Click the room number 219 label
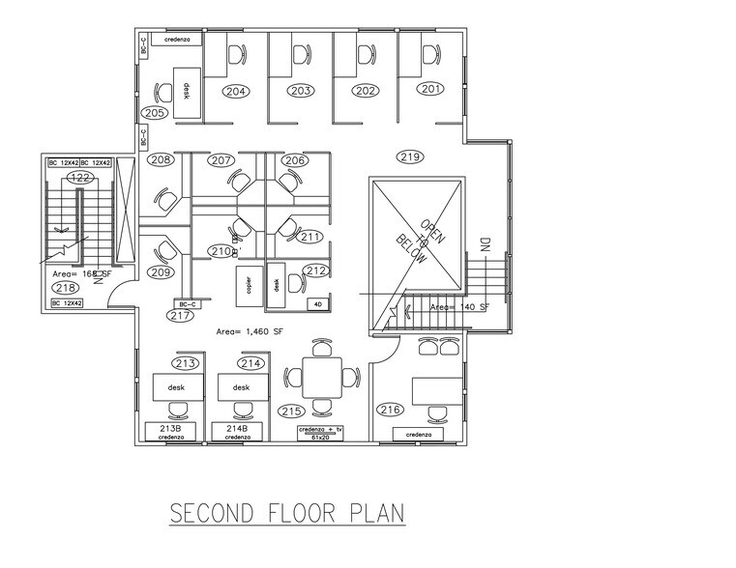pyautogui.click(x=411, y=156)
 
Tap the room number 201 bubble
pyautogui.click(x=431, y=89)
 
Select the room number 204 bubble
pyautogui.click(x=236, y=91)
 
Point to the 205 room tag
pyautogui.click(x=155, y=112)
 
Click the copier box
pyautogui.click(x=250, y=287)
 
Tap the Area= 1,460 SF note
pyautogui.click(x=250, y=330)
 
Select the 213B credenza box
pyautogui.click(x=171, y=431)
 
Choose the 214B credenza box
pyautogui.click(x=237, y=431)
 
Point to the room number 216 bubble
pyautogui.click(x=390, y=410)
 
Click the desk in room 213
pyautogui.click(x=176, y=387)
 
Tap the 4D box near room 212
pyautogui.click(x=317, y=304)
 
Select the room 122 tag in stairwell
pyautogui.click(x=80, y=177)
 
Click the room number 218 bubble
pyautogui.click(x=65, y=287)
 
